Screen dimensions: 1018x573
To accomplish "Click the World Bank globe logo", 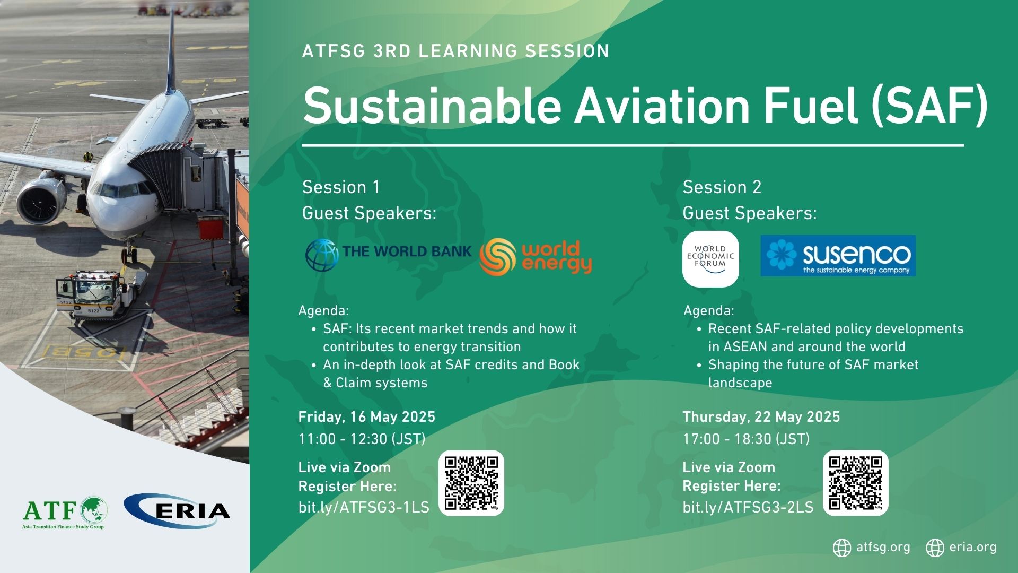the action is coord(322,255).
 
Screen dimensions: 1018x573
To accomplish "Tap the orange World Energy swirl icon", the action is coord(497,256).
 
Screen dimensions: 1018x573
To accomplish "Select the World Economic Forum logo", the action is coord(710,259).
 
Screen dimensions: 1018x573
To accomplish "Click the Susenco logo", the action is coord(838,256).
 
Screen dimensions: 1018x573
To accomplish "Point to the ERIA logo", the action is coord(177,511).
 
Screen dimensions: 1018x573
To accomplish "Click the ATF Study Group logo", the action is coord(65,513).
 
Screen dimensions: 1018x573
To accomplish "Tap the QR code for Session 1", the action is coord(471,483).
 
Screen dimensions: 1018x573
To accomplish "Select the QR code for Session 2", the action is coord(855,483).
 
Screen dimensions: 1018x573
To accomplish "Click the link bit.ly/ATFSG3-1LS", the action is coord(364,507).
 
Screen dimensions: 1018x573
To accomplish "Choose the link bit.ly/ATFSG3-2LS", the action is coord(748,507).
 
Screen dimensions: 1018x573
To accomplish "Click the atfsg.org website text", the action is coord(883,547).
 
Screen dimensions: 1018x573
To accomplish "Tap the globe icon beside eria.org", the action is coord(935,548).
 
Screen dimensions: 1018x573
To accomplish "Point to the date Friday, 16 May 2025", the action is coord(367,417).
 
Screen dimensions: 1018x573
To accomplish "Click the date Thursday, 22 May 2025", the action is coord(761,417).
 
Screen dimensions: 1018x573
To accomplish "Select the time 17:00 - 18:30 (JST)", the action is coord(746,439).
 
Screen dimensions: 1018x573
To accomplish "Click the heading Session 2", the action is coord(722,187).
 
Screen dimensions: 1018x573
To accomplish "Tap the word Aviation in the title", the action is coord(663,106).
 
